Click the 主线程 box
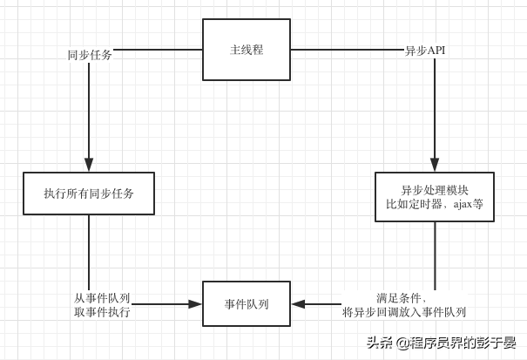point(247,50)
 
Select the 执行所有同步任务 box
point(89,194)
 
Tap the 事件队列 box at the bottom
point(247,304)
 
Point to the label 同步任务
point(90,55)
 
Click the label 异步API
point(425,51)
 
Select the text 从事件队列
point(102,297)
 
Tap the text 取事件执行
point(102,311)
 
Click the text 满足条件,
point(402,297)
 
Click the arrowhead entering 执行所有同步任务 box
point(89,165)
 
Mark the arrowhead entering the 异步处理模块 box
point(435,165)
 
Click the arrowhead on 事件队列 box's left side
point(195,304)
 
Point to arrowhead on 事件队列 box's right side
point(298,304)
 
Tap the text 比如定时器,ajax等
point(435,204)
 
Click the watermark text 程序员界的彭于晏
point(464,343)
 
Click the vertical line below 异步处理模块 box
point(435,253)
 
